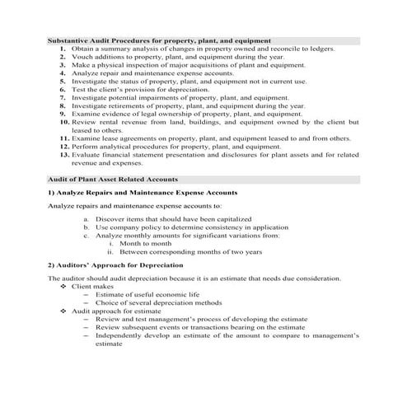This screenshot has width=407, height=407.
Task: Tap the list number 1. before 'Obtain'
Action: (x=63, y=49)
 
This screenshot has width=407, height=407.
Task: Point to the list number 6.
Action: (x=63, y=90)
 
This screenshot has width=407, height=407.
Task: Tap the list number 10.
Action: (x=61, y=122)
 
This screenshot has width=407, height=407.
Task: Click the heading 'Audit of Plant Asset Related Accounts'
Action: (x=112, y=179)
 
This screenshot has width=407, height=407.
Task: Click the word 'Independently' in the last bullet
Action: (x=119, y=335)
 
